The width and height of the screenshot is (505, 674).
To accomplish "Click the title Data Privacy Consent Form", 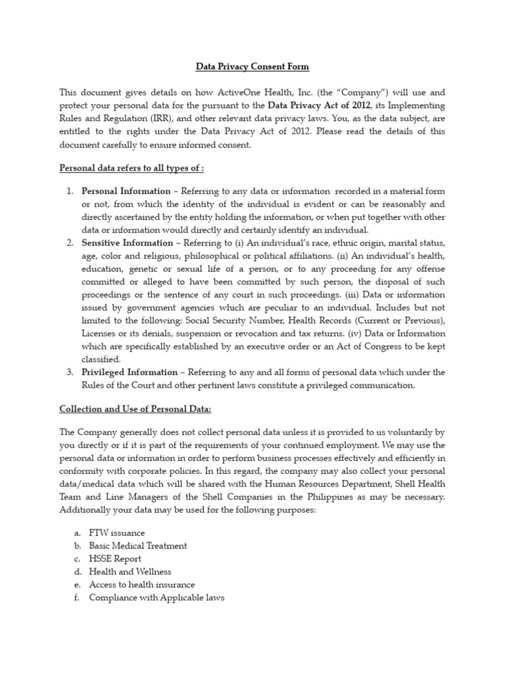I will click(252, 66).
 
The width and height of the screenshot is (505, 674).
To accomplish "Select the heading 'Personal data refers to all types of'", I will click(132, 168).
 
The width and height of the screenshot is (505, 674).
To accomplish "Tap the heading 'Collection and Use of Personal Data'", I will click(135, 409).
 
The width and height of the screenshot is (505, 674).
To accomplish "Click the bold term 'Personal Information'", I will click(126, 192).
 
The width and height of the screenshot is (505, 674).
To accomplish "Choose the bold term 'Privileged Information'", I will click(129, 372).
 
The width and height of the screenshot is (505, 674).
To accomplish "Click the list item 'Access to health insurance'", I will click(141, 584).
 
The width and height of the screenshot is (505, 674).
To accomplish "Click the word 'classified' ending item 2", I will click(101, 359).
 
